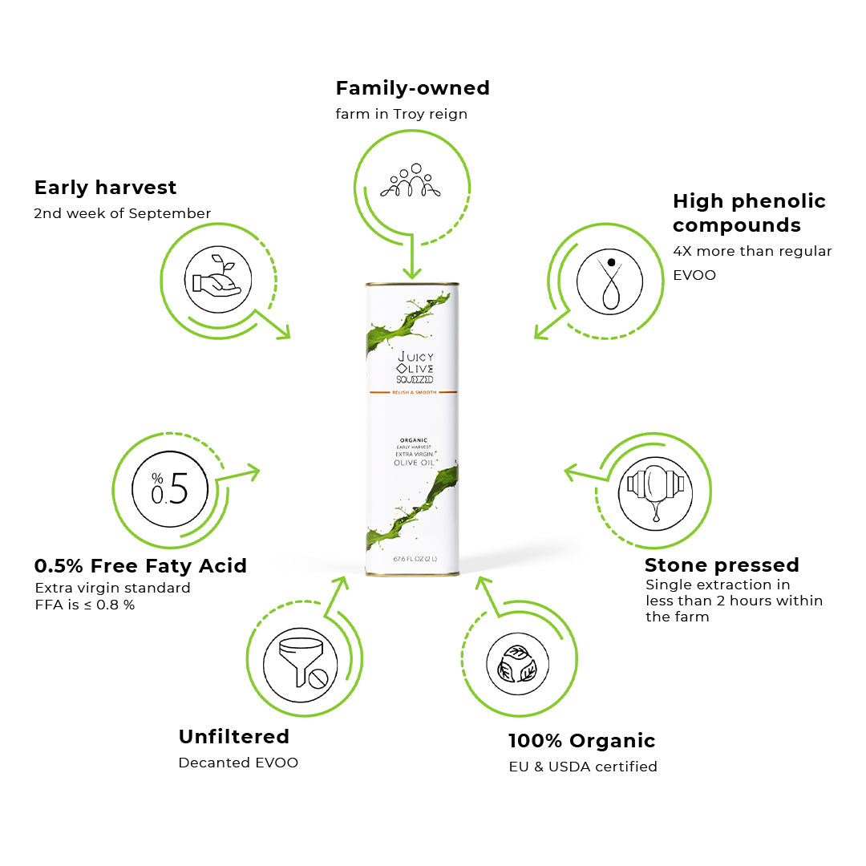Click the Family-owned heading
412,87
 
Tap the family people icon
411,183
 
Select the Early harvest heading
105,188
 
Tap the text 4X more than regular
752,251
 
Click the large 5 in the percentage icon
180,488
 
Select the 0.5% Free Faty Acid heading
140,566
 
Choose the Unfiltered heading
233,736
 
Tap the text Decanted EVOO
238,763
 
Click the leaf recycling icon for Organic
517,663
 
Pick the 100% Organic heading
581,741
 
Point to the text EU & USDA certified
583,767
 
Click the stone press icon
655,491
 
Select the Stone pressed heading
722,565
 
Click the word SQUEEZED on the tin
415,378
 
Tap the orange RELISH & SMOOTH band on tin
412,392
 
